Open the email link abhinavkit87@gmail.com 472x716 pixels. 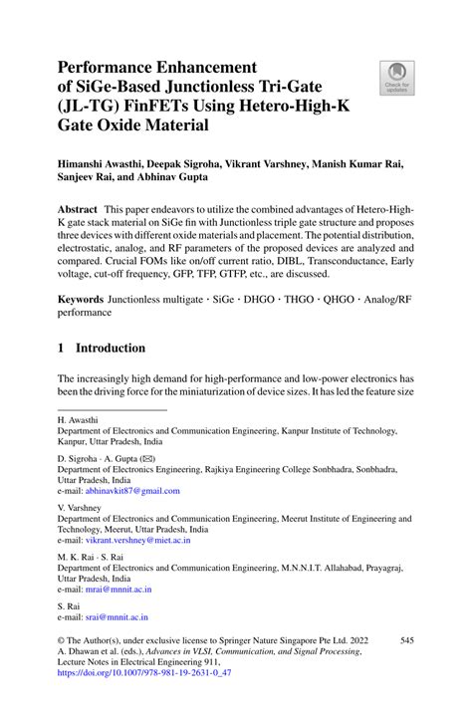(132, 491)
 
